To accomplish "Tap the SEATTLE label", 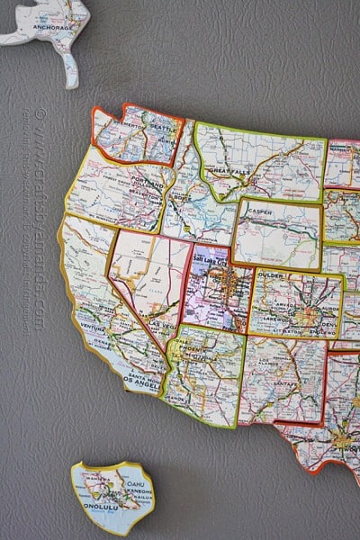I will point(139,128).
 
